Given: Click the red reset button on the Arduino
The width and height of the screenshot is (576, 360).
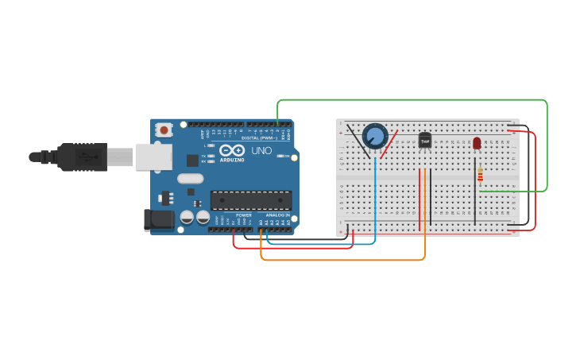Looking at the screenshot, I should pos(164,129).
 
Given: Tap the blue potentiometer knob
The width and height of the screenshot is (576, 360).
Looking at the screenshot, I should pos(375,136).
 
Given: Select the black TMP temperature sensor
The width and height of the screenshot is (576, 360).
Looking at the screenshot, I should pos(425,141).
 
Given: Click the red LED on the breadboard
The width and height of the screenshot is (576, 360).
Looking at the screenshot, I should pos(477,143).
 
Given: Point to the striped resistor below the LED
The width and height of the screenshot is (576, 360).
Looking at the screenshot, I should pos(480,174).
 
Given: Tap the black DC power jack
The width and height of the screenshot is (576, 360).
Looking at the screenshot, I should pos(159,220).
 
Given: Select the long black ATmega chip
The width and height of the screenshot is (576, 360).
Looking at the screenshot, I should pos(250,200).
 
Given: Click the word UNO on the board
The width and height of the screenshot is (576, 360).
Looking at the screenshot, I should pos(261,150).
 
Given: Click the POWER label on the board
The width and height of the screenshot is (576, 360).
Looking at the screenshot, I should pos(244,215).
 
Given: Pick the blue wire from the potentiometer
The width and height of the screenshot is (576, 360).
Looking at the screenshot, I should pos(375,199).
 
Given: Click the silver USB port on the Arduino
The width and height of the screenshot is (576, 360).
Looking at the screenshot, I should pos(153,157).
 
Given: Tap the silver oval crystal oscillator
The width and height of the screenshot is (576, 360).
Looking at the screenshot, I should pos(191,179).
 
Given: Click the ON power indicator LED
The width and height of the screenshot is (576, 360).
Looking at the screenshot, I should pos(280,156).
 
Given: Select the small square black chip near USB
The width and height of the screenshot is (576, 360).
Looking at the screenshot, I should pos(192,160).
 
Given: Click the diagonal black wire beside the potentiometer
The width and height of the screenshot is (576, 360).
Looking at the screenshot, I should pos(357,138).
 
